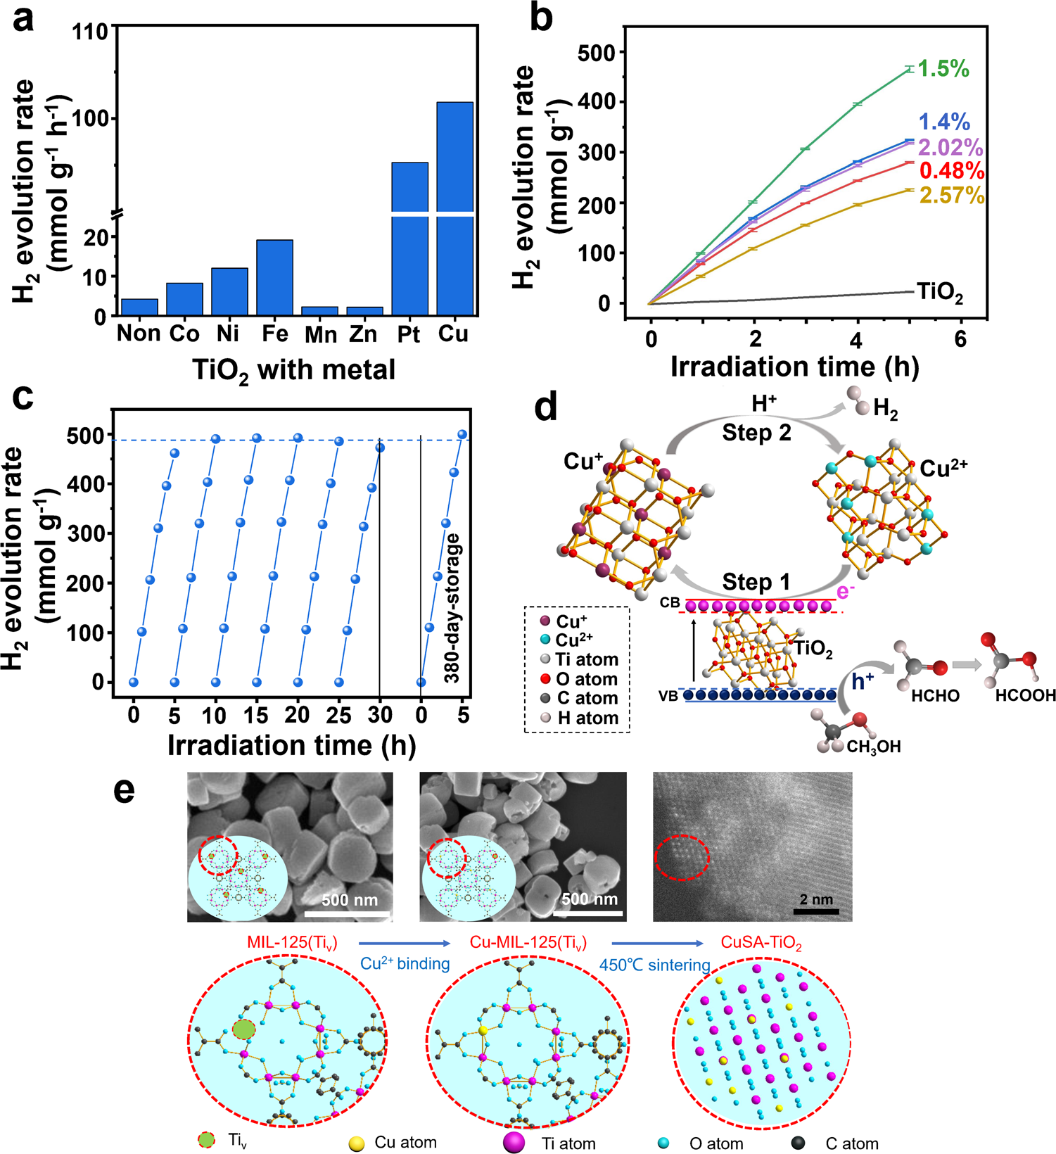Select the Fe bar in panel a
coord(274,277)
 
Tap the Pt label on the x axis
coord(408,334)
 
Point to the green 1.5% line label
coord(943,69)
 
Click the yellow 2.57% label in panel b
coord(951,195)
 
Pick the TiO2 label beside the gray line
coord(940,292)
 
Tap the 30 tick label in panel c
coord(380,716)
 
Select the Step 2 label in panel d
coord(756,432)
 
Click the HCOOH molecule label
coord(1025,695)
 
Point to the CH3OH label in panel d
coord(873,747)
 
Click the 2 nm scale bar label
coord(816,899)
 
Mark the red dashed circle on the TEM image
coord(682,856)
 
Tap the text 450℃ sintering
coord(654,965)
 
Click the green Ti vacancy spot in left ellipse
coord(243,1029)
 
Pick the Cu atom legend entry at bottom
coord(394,1143)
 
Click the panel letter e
coord(125,790)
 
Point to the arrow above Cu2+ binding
coord(405,943)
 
